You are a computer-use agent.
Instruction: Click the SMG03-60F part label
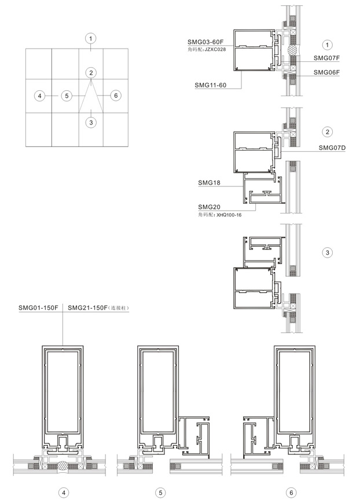pos(205,42)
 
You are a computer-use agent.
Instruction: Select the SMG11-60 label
pos(211,85)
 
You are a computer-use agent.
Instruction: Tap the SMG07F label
pos(326,58)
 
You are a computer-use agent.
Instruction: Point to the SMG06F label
pos(326,72)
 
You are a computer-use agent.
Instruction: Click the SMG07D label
pos(332,148)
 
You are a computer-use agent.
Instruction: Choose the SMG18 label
pos(209,183)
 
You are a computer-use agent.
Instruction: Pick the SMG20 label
pos(209,207)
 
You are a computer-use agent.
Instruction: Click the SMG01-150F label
pos(38,307)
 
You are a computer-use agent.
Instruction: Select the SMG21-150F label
pos(88,307)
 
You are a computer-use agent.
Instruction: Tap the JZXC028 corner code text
pos(215,49)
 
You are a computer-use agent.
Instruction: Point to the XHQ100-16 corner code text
pos(229,215)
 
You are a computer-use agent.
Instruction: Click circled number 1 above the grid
pos(91,39)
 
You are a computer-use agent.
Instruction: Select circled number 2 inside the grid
pos(91,73)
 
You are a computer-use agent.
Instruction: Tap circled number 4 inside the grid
pos(39,96)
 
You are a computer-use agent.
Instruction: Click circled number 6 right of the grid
pos(116,96)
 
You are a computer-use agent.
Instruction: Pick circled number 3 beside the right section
pos(327,252)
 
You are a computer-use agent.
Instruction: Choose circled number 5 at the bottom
pos(160,493)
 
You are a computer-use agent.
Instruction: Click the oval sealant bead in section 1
pos(292,50)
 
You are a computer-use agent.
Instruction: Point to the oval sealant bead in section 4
pos(63,466)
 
